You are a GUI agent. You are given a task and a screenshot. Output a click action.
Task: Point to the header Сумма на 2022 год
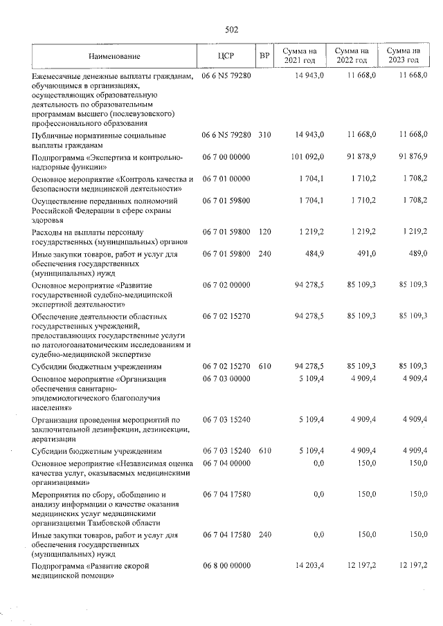click(351, 55)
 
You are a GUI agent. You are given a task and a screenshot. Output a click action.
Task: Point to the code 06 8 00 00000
click(226, 566)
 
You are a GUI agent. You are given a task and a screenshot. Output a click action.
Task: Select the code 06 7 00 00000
click(226, 158)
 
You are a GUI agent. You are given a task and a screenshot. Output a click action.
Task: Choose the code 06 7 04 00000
click(226, 463)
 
